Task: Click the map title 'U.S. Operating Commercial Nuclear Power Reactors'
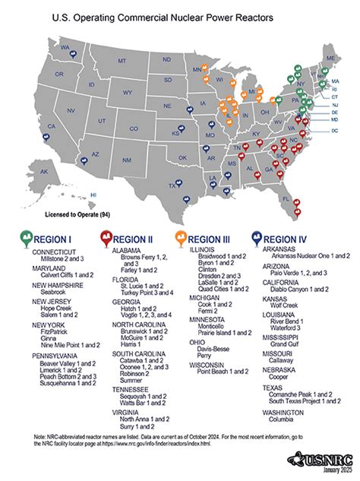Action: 180,16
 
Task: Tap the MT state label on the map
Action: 122,60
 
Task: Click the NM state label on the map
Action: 128,160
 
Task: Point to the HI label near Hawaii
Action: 93,195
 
